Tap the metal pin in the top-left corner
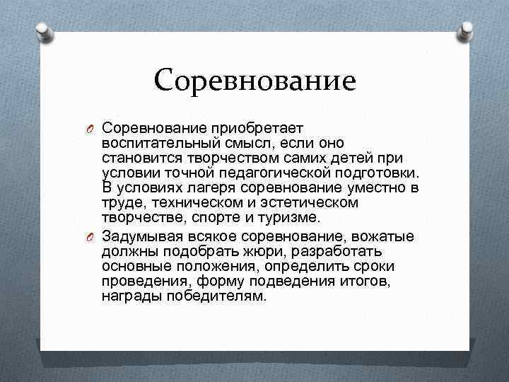pos(42,30)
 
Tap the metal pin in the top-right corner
pos(467,30)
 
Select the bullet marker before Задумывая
pos(92,236)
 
